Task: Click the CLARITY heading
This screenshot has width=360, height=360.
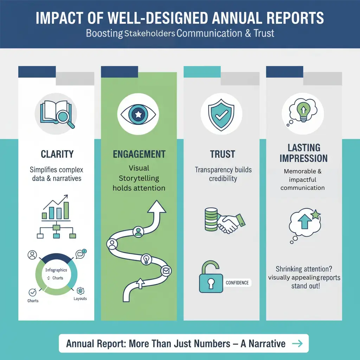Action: pyautogui.click(x=57, y=154)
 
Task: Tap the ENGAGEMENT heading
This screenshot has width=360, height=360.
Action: pyautogui.click(x=139, y=154)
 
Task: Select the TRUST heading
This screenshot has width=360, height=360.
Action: pyautogui.click(x=223, y=154)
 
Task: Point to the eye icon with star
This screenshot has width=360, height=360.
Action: pyautogui.click(x=139, y=114)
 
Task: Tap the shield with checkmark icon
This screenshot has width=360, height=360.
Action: pyautogui.click(x=221, y=114)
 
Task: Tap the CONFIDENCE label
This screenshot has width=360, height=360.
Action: pyautogui.click(x=237, y=283)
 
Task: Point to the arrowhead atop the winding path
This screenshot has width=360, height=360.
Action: pyautogui.click(x=156, y=207)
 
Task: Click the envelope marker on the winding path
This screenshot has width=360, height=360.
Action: pyautogui.click(x=166, y=271)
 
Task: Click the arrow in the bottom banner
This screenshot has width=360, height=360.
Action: pyautogui.click(x=297, y=343)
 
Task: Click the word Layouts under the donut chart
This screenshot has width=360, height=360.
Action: pyautogui.click(x=80, y=298)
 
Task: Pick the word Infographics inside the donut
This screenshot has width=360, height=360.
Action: pyautogui.click(x=56, y=270)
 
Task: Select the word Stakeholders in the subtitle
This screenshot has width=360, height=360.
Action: pyautogui.click(x=149, y=34)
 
